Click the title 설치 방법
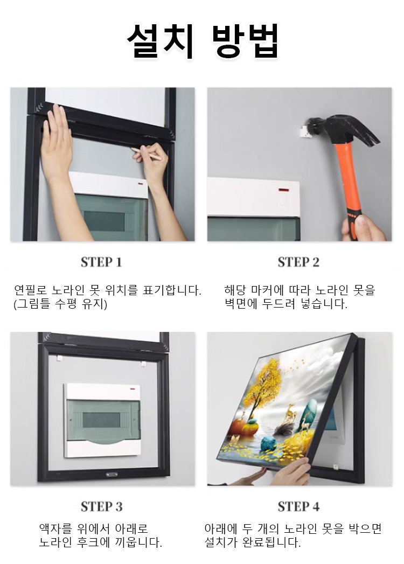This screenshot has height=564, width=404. click(202, 40)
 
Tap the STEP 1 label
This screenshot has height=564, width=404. click(101, 262)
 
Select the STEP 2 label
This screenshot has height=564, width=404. click(298, 262)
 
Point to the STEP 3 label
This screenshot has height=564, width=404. click(102, 506)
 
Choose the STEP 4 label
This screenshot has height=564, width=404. click(298, 506)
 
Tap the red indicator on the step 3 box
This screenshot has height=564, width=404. click(133, 389)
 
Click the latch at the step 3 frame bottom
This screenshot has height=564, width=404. click(112, 475)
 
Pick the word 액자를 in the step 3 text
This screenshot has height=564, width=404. click(55, 528)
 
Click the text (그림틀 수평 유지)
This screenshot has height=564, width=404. click(60, 304)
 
